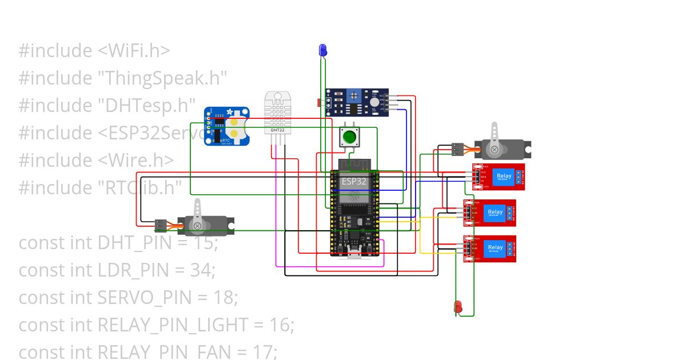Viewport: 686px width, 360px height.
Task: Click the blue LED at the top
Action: tap(322, 50)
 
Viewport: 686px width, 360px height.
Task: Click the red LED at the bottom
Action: tap(458, 307)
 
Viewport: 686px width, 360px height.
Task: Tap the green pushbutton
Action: tap(348, 137)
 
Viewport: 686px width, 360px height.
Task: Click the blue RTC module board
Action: tap(227, 126)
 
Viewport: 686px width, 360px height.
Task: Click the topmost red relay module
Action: tap(498, 177)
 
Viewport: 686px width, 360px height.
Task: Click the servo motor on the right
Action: tap(503, 149)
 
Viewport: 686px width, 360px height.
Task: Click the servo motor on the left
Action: tap(206, 225)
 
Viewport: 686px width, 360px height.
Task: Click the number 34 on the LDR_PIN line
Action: tap(201, 270)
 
